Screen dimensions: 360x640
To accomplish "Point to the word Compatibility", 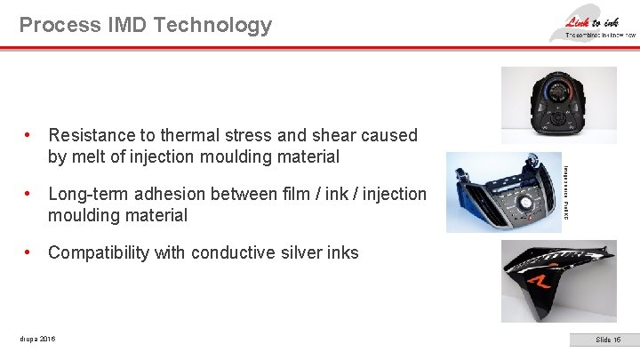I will coord(99,252).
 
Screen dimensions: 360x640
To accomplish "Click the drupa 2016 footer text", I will coord(36,339).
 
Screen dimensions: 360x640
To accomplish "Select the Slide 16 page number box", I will coord(608,340).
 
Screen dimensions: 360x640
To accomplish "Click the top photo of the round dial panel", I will coord(558,104).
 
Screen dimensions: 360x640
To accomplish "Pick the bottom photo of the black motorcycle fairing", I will coord(558,281).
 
